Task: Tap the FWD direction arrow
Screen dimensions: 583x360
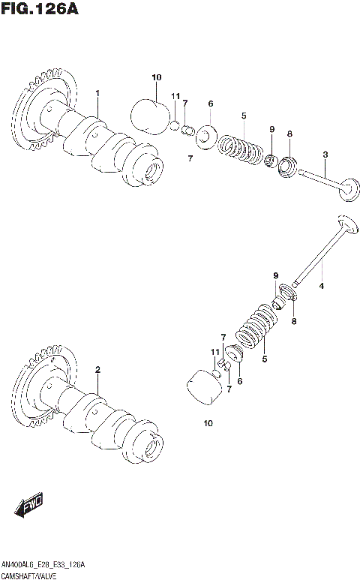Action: pos(29,506)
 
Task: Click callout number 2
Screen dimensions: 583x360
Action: pos(97,370)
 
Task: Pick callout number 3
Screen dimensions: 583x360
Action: pos(325,155)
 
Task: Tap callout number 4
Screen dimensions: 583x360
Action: pos(322,286)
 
